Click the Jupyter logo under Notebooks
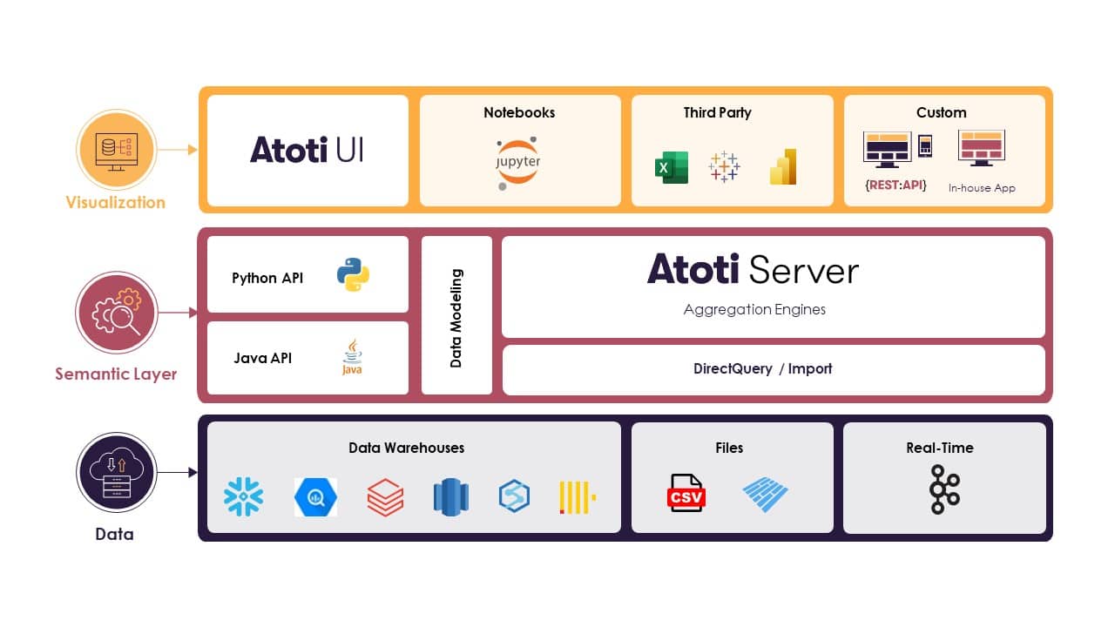click(x=519, y=162)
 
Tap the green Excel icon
click(x=671, y=167)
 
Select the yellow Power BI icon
click(x=783, y=167)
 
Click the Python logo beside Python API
click(x=353, y=274)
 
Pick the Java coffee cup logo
click(x=352, y=358)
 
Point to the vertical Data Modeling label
click(x=456, y=318)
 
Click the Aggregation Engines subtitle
click(x=754, y=309)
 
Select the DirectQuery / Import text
click(x=762, y=368)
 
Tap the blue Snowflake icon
click(x=243, y=496)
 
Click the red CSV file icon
click(x=686, y=494)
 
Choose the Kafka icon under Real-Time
click(x=944, y=489)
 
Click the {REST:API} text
click(x=895, y=185)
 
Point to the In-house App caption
click(x=982, y=188)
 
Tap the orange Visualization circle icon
click(x=115, y=150)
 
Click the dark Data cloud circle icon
click(x=115, y=474)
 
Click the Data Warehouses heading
click(x=406, y=448)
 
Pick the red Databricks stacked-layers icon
click(x=385, y=497)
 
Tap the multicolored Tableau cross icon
click(x=724, y=166)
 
